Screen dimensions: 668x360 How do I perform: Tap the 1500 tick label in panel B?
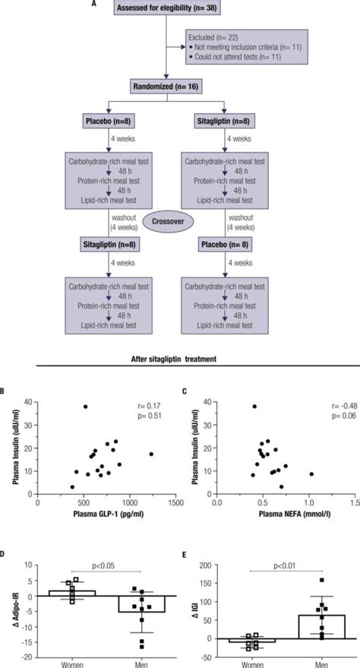pos(175,503)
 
